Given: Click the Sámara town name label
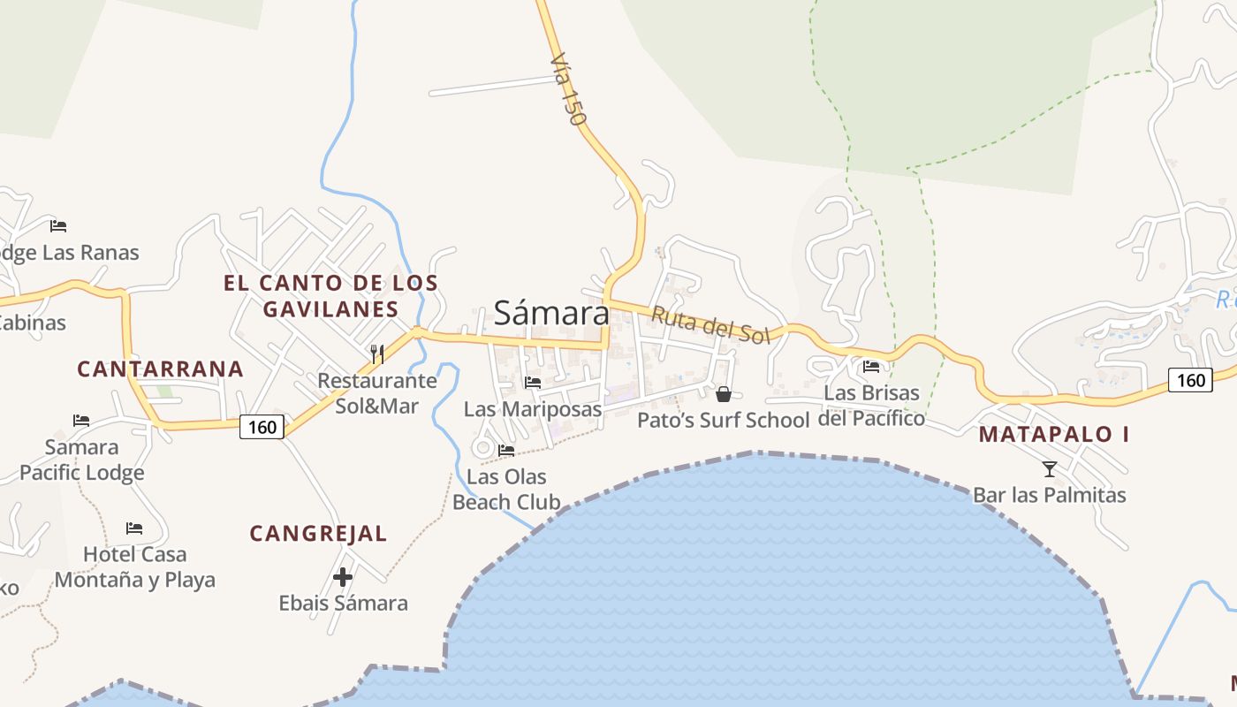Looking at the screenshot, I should (x=551, y=313).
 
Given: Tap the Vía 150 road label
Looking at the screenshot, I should (x=568, y=88).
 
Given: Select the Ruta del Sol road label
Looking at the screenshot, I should (x=710, y=324).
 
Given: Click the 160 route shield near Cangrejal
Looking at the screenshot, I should (x=262, y=428).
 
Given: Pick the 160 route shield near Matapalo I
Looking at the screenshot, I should (x=1191, y=380).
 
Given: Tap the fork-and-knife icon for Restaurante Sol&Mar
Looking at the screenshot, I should (x=377, y=354).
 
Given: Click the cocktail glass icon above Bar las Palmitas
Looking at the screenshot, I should (x=1050, y=468).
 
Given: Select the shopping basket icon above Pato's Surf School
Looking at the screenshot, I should (x=724, y=394).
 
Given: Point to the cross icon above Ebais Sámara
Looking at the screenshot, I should (x=343, y=578).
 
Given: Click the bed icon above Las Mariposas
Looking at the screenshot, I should (x=533, y=383).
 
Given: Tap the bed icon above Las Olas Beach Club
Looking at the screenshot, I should (x=506, y=451).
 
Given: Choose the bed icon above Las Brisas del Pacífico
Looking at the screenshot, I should (x=871, y=366).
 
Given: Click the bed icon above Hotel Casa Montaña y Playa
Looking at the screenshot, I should (x=134, y=528).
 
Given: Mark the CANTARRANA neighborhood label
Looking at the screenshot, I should (x=160, y=369).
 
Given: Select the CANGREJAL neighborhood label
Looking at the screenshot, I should (x=318, y=534).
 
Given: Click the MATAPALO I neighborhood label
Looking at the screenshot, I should (x=1054, y=434).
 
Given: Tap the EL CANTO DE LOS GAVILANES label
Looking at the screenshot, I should (x=330, y=296).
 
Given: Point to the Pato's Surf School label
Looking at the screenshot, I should (x=723, y=420).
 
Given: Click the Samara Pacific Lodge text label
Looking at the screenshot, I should (x=82, y=460).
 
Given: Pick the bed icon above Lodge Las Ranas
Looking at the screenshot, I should (x=58, y=226).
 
